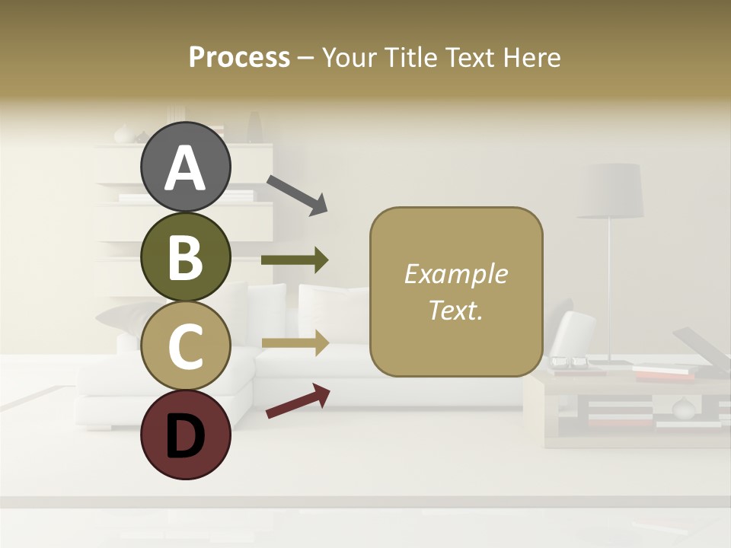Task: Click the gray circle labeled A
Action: [x=185, y=167]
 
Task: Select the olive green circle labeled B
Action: [x=185, y=256]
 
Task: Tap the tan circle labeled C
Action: [x=185, y=346]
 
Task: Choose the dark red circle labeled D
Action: [x=185, y=435]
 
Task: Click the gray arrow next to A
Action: [x=297, y=194]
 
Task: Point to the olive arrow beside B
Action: [x=295, y=260]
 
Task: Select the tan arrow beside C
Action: [x=295, y=343]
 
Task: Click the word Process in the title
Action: [x=239, y=57]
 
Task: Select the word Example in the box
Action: [x=455, y=274]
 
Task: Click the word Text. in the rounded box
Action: [x=455, y=310]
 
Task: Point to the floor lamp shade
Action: [x=610, y=190]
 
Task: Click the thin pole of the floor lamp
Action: [x=609, y=289]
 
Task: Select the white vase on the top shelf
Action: [x=124, y=135]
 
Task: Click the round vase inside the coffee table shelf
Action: [x=683, y=409]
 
